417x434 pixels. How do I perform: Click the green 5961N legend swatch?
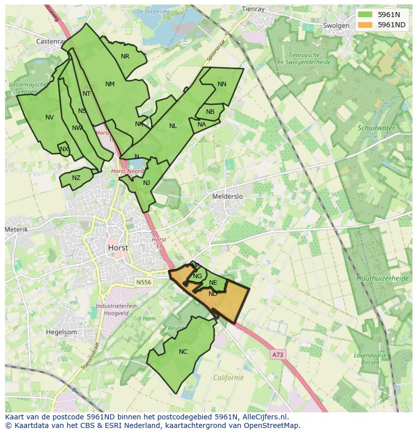pos(366,15)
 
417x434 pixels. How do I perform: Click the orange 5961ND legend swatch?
pos(366,25)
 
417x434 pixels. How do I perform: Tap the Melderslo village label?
pos(227,197)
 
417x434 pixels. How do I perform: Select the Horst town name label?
pos(118,248)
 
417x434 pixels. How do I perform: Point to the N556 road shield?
pos(143,283)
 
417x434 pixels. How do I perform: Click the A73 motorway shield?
pos(278,355)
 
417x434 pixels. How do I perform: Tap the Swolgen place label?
pos(336,26)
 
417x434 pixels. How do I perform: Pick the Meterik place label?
pos(16,229)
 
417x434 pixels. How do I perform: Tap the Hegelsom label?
pos(61,332)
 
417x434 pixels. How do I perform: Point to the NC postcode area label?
pos(183,352)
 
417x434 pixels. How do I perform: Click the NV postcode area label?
pos(49,117)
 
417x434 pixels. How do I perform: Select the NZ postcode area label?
pos(76,178)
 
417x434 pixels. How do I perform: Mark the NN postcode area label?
pos(222,84)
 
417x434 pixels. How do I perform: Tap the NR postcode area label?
pos(125,56)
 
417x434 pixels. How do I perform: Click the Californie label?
pos(228,378)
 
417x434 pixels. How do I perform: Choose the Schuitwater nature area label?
pos(376,128)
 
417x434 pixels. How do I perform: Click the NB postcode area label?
pos(210,112)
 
